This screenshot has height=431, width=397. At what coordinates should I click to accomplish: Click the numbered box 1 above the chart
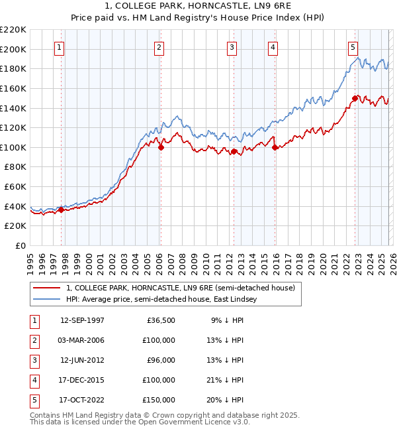[x=60, y=47]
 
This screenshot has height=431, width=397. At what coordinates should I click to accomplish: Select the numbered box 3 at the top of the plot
[x=233, y=47]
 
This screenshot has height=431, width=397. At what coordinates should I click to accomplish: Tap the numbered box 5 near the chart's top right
[x=353, y=47]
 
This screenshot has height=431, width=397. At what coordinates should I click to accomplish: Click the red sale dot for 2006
[x=161, y=147]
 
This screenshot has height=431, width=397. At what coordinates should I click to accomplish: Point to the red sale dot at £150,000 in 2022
[x=355, y=98]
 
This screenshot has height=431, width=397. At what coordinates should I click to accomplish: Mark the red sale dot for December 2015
[x=275, y=147]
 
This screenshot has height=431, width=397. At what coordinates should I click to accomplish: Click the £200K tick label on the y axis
[x=13, y=49]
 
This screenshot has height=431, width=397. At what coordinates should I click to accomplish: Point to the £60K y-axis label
[x=15, y=187]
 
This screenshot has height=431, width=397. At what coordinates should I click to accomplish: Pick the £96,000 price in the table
[x=161, y=360]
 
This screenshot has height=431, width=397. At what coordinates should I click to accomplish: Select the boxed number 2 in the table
[x=33, y=340]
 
